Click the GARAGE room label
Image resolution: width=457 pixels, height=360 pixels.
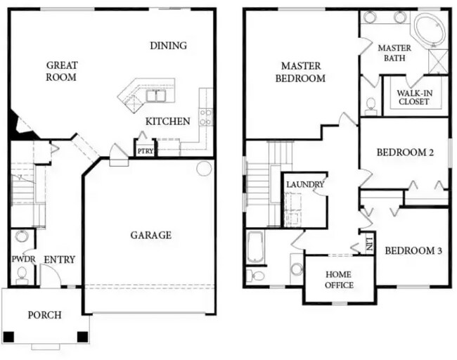pyautogui.click(x=150, y=235)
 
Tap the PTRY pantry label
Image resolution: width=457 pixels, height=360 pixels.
pyautogui.click(x=145, y=151)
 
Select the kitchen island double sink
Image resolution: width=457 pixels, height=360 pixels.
pyautogui.click(x=156, y=96)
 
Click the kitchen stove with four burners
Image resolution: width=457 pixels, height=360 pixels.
pyautogui.click(x=205, y=117)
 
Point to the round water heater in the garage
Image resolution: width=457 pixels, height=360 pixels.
pyautogui.click(x=204, y=169)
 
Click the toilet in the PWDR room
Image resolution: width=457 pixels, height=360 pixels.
pyautogui.click(x=22, y=276)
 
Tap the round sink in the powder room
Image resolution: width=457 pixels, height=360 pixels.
pyautogui.click(x=22, y=236)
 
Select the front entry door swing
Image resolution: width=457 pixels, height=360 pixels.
pyautogui.click(x=50, y=276)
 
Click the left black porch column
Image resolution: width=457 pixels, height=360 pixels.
pyautogui.click(x=8, y=337)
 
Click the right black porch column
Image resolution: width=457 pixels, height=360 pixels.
pyautogui.click(x=82, y=337)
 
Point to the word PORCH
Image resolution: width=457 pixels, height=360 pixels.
pyautogui.click(x=44, y=315)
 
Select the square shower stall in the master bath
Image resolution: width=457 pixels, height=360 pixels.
pyautogui.click(x=438, y=61)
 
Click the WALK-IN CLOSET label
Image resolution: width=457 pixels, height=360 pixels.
pyautogui.click(x=414, y=97)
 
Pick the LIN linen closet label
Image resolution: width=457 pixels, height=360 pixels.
pyautogui.click(x=369, y=244)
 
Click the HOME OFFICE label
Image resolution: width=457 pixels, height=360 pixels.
pyautogui.click(x=339, y=280)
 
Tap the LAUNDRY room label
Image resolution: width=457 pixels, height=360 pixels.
pyautogui.click(x=305, y=184)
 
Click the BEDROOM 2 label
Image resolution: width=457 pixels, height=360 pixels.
pyautogui.click(x=405, y=152)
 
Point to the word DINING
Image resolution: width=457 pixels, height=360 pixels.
pyautogui.click(x=169, y=46)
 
